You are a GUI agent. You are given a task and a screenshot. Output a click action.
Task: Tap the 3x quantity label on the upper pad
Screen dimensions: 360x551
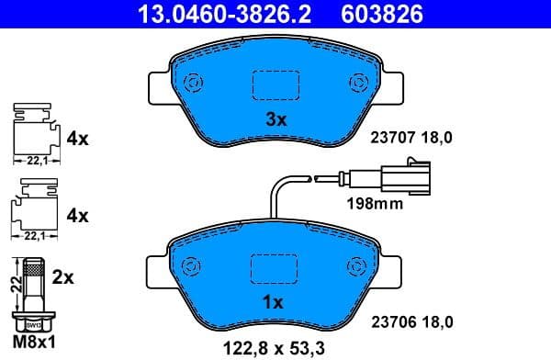click(276, 119)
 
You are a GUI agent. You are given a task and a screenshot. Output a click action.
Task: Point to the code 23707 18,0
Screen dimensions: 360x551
click(411, 138)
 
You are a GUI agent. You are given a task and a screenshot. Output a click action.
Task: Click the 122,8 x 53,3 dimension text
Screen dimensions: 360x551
click(275, 347)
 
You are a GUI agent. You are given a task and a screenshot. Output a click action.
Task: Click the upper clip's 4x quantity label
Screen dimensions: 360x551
click(77, 140)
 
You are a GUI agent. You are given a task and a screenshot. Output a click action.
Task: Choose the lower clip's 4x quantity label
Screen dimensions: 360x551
click(77, 217)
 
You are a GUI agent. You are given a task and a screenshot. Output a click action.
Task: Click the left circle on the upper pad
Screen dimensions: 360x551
click(194, 83)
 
